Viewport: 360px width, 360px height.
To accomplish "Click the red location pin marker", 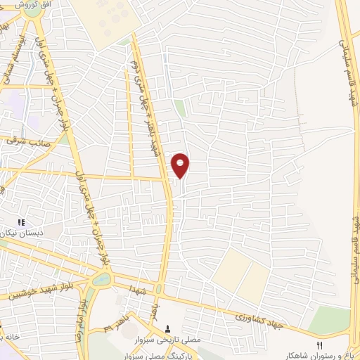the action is click(x=181, y=165).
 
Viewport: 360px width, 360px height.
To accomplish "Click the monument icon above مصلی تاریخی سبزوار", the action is click(x=167, y=328).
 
